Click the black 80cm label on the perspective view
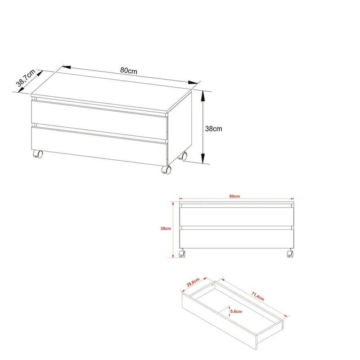[x=129, y=70]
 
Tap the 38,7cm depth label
[x=26, y=78]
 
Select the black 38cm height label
[x=213, y=129]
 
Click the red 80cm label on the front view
[x=234, y=196]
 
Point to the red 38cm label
[x=166, y=229]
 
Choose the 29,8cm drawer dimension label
[x=193, y=282]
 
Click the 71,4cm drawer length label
[x=258, y=296]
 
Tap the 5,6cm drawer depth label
[x=236, y=311]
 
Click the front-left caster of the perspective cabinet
[x=38, y=154]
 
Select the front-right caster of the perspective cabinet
[x=166, y=170]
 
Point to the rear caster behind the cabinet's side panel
[x=183, y=156]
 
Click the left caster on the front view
[x=182, y=253]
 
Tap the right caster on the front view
[x=290, y=253]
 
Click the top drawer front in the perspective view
[x=99, y=119]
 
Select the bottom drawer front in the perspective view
[x=99, y=145]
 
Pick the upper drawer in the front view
[x=237, y=216]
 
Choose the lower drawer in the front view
[x=237, y=238]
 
